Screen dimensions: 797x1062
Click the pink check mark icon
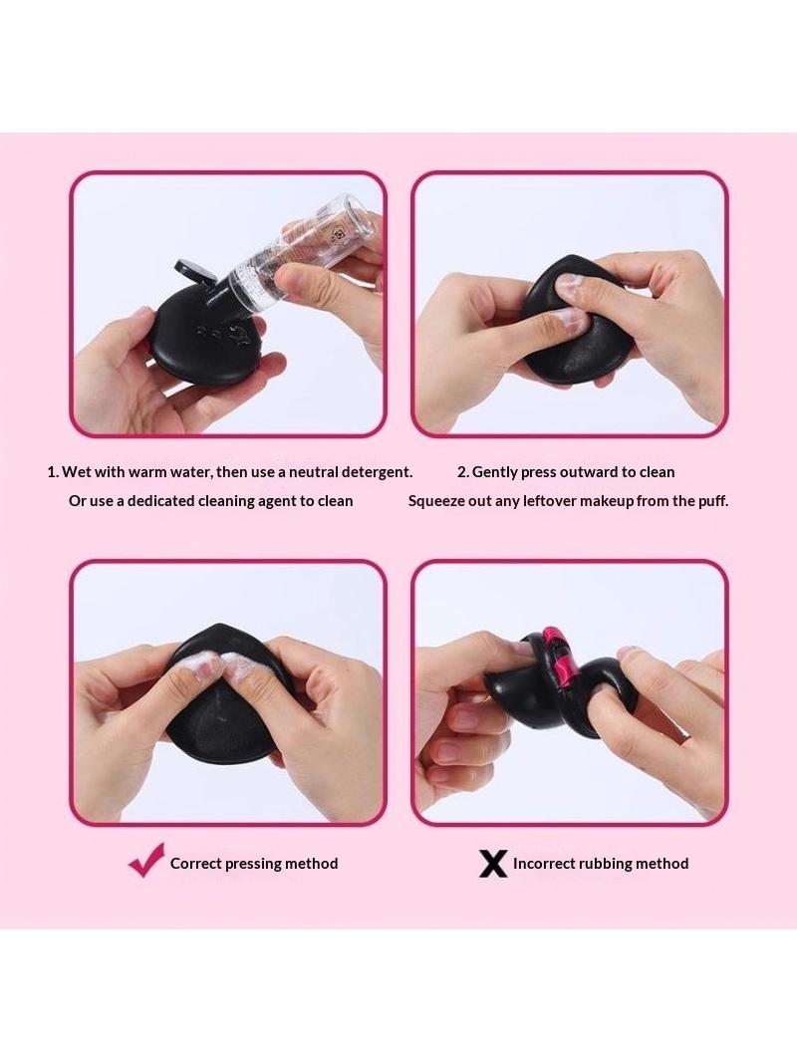pyautogui.click(x=146, y=860)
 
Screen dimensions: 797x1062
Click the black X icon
pyautogui.click(x=493, y=864)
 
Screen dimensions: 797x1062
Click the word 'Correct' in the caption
pyautogui.click(x=195, y=864)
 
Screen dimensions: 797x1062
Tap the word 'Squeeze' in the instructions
pyautogui.click(x=435, y=501)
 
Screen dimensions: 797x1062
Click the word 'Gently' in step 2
pyautogui.click(x=494, y=472)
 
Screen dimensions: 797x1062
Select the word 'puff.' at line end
pyautogui.click(x=713, y=501)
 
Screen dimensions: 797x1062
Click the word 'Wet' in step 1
pyautogui.click(x=76, y=472)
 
